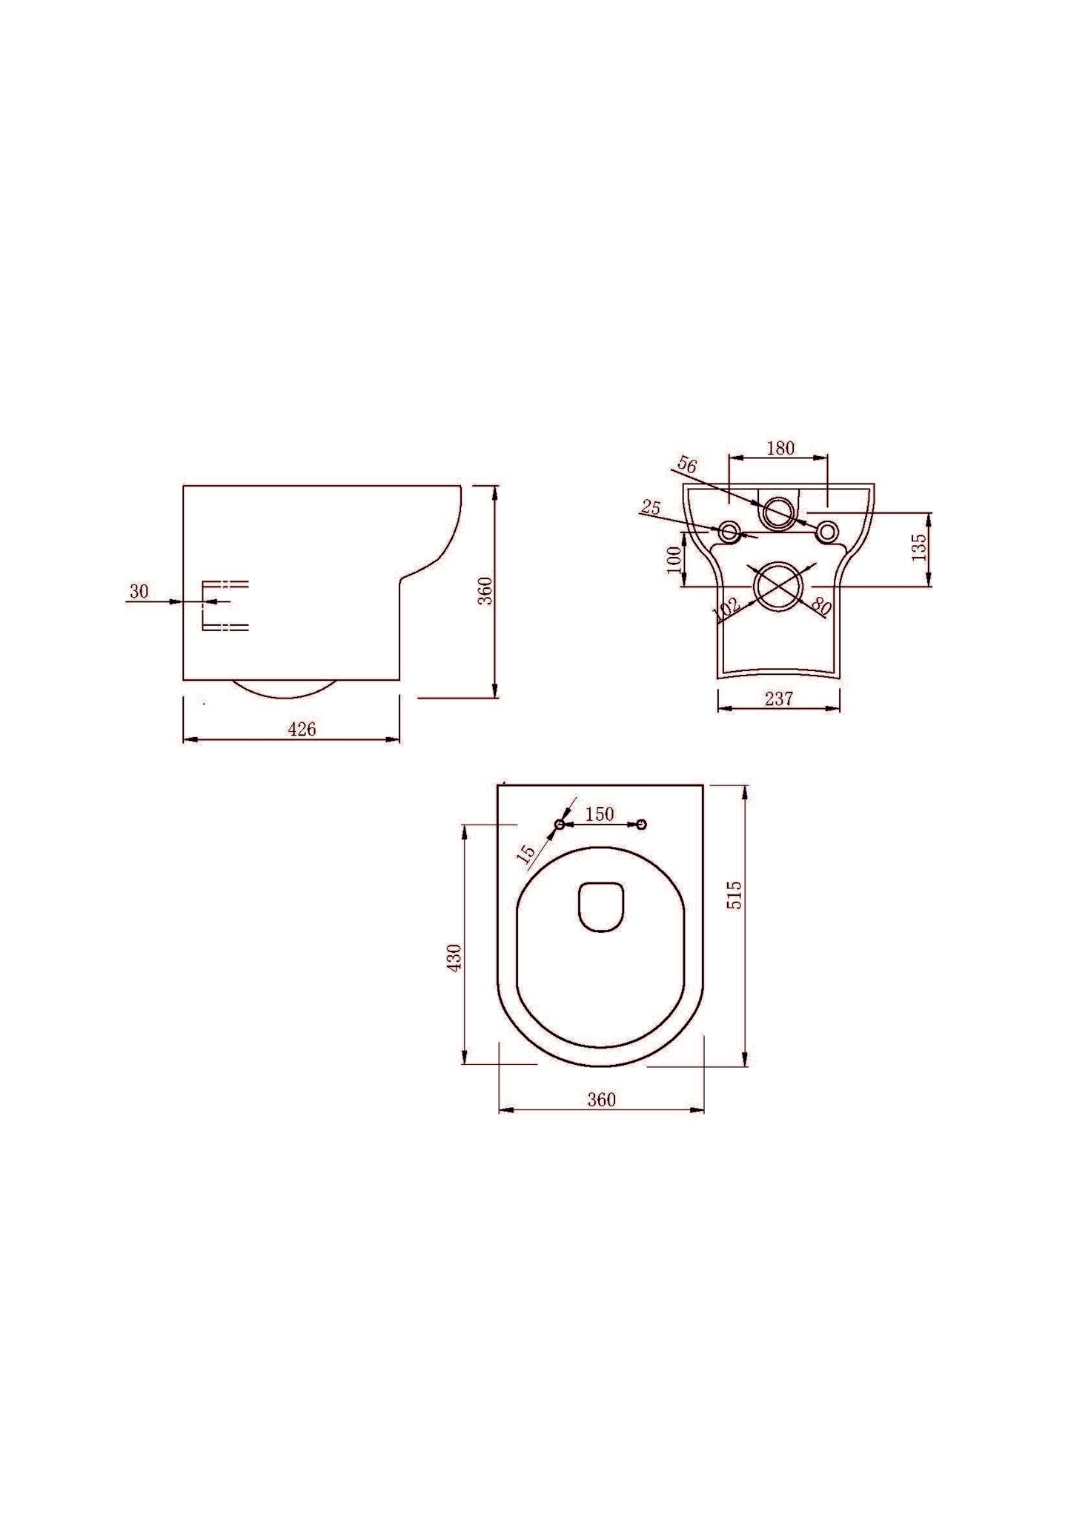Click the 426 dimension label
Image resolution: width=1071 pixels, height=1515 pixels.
(x=302, y=730)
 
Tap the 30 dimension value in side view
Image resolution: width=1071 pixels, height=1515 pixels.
(x=139, y=592)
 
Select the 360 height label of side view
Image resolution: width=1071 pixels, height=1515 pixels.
(x=485, y=590)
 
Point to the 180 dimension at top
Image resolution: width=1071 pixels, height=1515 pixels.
(x=780, y=448)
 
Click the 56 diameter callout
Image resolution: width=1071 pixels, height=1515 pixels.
(x=687, y=466)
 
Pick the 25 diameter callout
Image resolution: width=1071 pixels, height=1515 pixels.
(x=650, y=508)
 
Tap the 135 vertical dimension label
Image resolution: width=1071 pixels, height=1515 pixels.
(x=920, y=548)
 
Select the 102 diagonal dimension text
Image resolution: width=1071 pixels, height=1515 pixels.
(x=726, y=609)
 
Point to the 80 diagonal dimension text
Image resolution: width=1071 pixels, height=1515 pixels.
(x=820, y=604)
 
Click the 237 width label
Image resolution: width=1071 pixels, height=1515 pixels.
(x=779, y=699)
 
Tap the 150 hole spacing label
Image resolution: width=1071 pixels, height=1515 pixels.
(x=600, y=814)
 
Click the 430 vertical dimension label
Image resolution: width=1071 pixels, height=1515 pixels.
(x=454, y=957)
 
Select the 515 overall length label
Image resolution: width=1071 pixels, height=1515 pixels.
(x=734, y=895)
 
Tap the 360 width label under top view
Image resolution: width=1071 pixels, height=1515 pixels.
(x=601, y=1100)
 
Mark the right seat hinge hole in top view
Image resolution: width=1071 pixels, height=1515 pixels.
(x=642, y=824)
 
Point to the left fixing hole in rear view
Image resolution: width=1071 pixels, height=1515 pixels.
(x=729, y=531)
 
